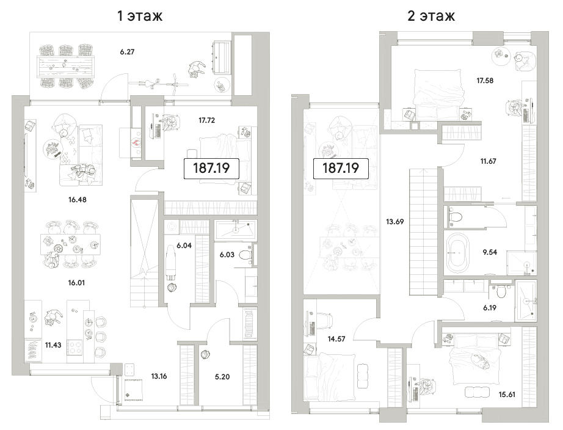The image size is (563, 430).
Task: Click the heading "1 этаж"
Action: click(x=140, y=16)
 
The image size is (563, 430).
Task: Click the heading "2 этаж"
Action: click(x=431, y=16)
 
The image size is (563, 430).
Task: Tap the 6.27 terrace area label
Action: click(x=127, y=52)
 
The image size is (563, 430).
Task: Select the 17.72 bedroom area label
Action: click(x=207, y=120)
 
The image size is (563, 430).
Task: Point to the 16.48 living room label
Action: click(x=77, y=200)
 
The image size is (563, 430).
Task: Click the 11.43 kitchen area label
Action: click(x=53, y=345)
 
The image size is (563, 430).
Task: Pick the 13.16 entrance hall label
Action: click(x=159, y=376)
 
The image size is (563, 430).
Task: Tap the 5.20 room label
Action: click(x=222, y=377)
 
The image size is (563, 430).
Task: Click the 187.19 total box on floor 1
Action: click(x=211, y=168)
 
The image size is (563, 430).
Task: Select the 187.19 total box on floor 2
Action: click(x=341, y=168)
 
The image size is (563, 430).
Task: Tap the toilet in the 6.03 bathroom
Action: click(x=246, y=255)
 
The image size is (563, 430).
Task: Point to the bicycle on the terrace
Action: click(x=159, y=84)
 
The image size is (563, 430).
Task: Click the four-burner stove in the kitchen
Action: click(x=74, y=347)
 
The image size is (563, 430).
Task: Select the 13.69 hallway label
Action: click(x=394, y=222)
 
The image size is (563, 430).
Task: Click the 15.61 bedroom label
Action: click(x=507, y=395)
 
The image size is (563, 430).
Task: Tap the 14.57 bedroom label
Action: click(x=336, y=339)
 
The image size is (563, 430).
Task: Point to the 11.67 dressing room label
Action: click(x=489, y=161)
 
